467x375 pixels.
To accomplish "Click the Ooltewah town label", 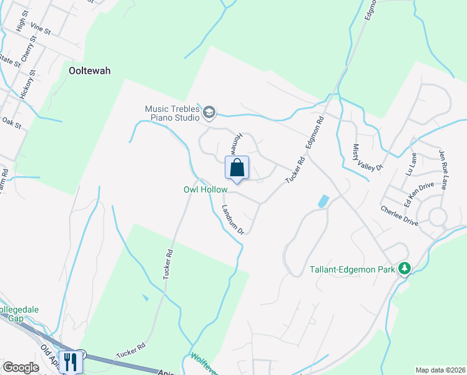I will pos(89,71).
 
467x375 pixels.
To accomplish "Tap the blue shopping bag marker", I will pos(237,168).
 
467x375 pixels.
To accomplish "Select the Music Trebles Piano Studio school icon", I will pos(209,112).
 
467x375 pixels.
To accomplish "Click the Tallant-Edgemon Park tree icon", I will pos(404,269).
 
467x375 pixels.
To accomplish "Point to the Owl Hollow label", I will pos(205,189).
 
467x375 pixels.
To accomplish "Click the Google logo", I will pos(21,367).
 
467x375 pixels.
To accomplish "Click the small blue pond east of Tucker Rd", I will pos(323,201).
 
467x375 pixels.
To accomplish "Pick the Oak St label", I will pos(12,122).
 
